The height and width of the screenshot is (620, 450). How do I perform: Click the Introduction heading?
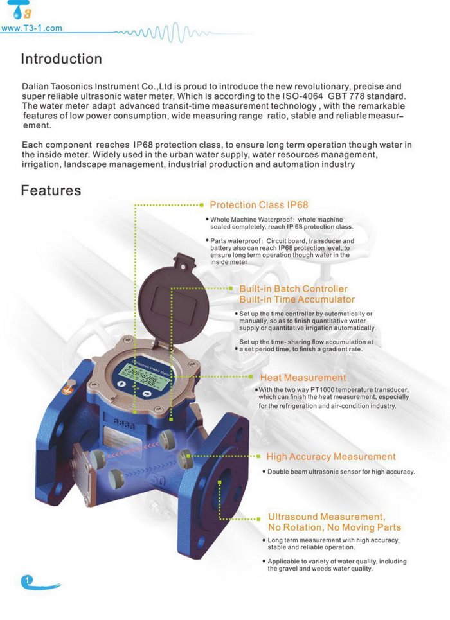61,59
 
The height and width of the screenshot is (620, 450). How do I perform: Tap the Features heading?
51,191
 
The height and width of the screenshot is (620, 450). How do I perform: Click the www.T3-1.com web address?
32,28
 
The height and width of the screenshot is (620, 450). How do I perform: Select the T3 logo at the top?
22,11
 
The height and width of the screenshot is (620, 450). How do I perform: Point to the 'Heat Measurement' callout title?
303,378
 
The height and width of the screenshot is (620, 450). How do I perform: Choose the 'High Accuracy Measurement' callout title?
331,457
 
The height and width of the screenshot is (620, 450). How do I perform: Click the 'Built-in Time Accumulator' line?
297,299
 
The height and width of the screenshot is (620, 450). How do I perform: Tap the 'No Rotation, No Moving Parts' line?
334,527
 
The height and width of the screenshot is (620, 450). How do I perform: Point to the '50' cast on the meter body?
156,481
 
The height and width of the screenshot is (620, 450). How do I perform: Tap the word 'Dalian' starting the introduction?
36,86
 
